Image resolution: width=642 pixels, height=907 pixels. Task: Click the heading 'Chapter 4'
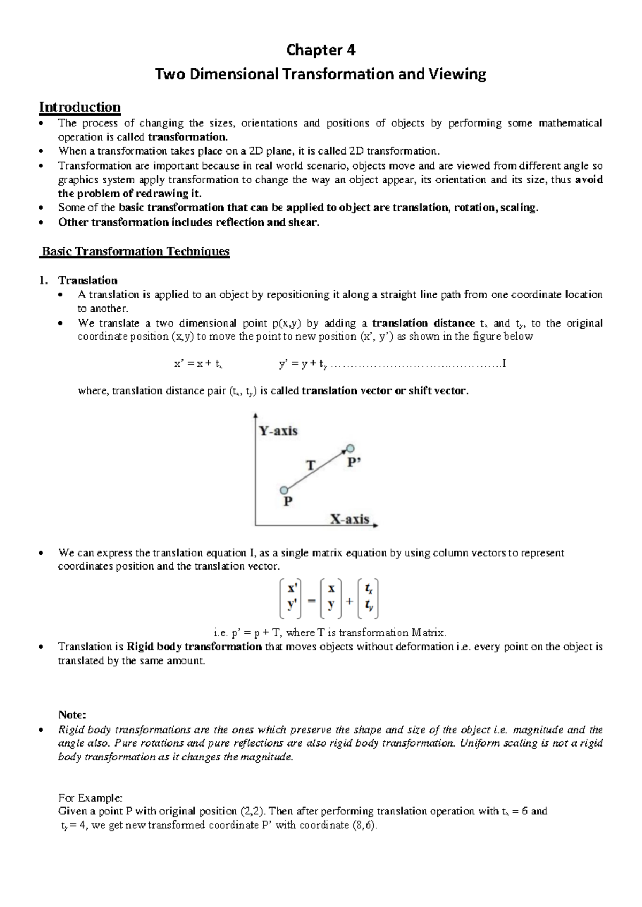click(x=320, y=50)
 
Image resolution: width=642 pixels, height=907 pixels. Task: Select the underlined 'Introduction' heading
click(x=80, y=107)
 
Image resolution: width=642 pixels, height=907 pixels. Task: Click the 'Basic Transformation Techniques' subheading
click(x=135, y=251)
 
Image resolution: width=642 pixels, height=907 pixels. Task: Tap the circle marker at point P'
click(x=350, y=449)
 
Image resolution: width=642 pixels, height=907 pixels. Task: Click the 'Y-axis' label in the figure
click(x=278, y=431)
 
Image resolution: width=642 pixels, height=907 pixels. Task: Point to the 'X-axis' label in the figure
click(x=349, y=519)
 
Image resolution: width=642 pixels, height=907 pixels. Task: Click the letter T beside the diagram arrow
click(x=310, y=465)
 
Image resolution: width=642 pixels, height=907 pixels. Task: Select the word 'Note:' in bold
click(x=72, y=715)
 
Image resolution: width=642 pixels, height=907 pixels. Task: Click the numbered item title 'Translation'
click(x=88, y=280)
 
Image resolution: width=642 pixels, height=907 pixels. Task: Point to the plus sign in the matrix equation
click(x=349, y=601)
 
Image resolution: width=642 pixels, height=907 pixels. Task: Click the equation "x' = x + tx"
click(x=198, y=364)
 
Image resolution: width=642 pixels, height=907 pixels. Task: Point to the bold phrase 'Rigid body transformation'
click(x=194, y=647)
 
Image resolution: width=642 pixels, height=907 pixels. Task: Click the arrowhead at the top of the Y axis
click(x=256, y=414)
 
